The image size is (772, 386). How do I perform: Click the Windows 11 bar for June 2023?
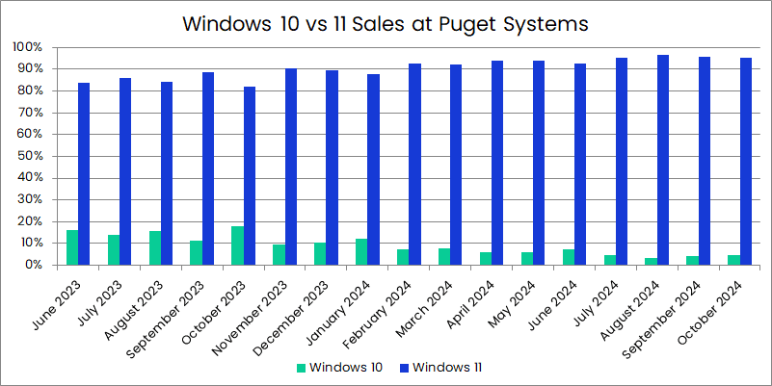pos(85,174)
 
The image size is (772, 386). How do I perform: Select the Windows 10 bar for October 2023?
pos(237,245)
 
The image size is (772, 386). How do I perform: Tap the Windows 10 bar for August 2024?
pos(651,261)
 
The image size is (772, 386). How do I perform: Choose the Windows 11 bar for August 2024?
pos(663,160)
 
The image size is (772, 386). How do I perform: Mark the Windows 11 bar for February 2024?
pos(415,165)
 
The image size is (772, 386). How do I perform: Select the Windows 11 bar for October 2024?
pos(746,162)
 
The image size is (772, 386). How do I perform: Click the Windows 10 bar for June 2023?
pos(72,247)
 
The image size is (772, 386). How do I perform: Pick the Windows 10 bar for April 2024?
pos(486,258)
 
